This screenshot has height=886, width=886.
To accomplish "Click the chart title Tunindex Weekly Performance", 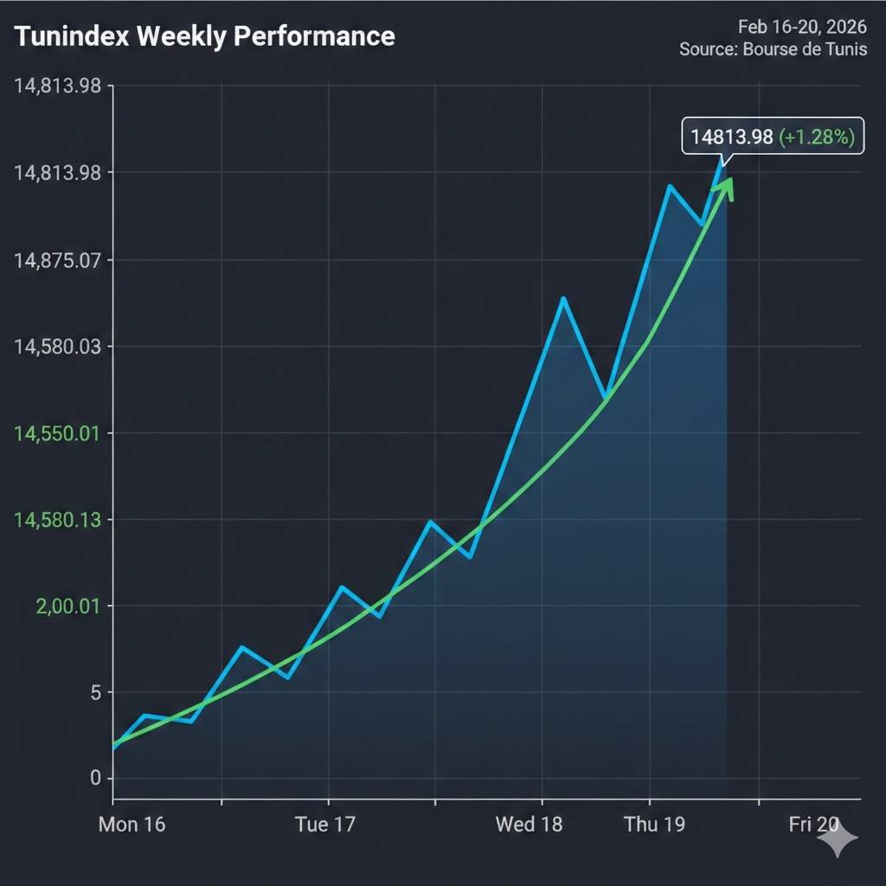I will (x=205, y=36).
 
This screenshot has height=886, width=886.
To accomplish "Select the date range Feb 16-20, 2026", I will (x=802, y=27).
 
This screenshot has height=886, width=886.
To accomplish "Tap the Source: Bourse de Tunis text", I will (x=773, y=49).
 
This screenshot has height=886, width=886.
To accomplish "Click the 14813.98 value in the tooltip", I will (x=732, y=136).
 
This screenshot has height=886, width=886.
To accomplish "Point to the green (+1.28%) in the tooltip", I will (x=817, y=136).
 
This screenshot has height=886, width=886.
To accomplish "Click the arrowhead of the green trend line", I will (x=725, y=187).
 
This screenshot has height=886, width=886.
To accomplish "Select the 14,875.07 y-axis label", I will (x=57, y=260).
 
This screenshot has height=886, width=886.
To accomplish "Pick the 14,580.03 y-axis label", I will (x=57, y=347).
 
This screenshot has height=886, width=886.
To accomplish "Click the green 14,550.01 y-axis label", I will (x=57, y=433).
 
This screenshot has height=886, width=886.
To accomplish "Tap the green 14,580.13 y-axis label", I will (x=57, y=520).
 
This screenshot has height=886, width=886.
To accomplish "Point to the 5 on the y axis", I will (x=96, y=693).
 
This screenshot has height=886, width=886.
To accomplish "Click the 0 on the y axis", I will (x=96, y=779).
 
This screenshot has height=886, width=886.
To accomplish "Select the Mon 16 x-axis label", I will (x=132, y=825).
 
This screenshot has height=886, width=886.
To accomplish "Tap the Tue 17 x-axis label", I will (x=324, y=825).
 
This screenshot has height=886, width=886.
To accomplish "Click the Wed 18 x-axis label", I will (x=529, y=825).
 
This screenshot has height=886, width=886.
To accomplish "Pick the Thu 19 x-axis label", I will (x=654, y=825).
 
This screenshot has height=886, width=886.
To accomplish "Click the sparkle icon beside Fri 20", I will (x=838, y=838).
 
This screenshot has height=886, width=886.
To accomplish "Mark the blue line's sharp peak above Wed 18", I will (x=563, y=299).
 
